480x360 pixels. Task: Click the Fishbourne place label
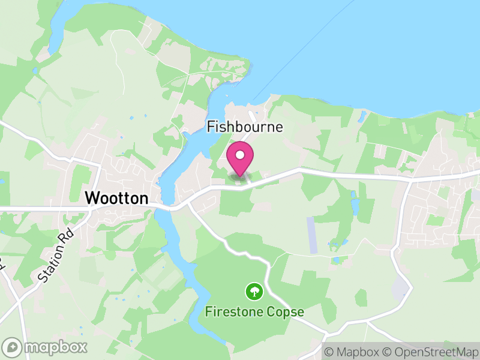(244, 127)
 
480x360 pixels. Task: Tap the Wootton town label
(116, 198)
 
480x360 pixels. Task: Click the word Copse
(286, 312)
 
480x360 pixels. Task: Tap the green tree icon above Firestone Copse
(255, 292)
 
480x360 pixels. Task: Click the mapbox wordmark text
(56, 347)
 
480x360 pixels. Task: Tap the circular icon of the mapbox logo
(12, 347)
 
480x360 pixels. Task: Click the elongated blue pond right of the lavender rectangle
(355, 207)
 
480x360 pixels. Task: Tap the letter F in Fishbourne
(211, 127)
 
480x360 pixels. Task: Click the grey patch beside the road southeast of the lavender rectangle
(399, 287)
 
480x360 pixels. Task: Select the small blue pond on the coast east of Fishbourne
(363, 118)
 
